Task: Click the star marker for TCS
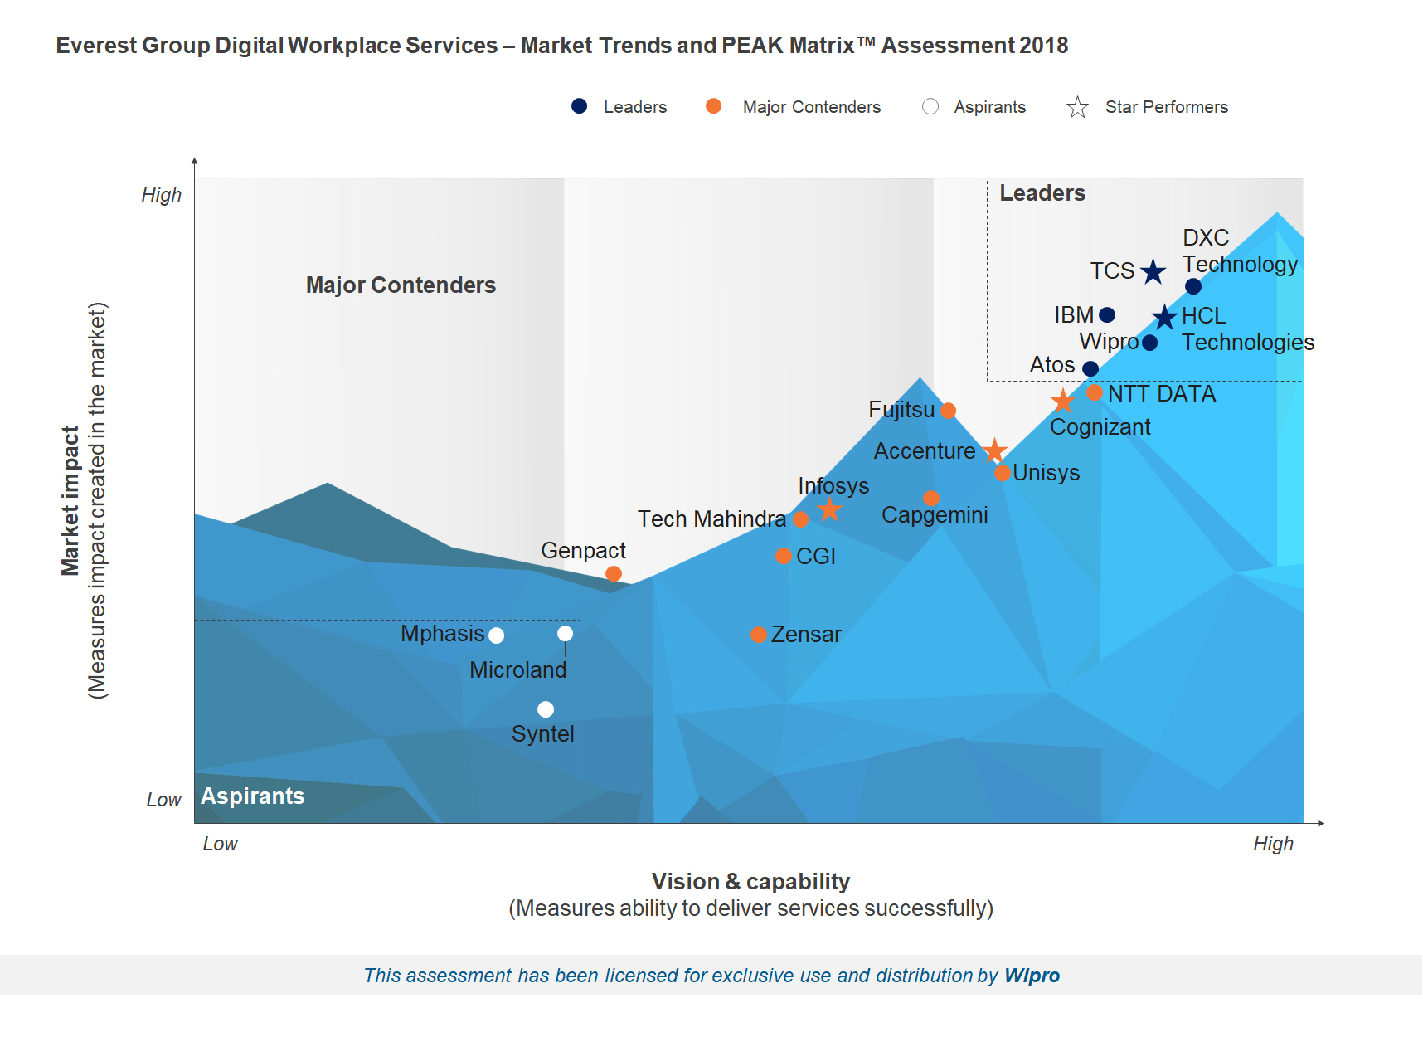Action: [x=1153, y=271]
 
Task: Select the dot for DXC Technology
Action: [x=1193, y=286]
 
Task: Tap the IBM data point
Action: [x=1107, y=315]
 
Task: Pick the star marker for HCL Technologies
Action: [x=1165, y=317]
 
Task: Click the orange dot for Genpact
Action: [x=614, y=573]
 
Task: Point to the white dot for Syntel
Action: [x=546, y=709]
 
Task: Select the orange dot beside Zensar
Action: [x=759, y=635]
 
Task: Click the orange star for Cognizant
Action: [x=1062, y=402]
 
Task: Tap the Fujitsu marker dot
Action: [x=949, y=411]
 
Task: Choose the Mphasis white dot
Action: [x=497, y=635]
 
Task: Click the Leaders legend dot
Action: [x=580, y=106]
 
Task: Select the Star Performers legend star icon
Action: [x=1077, y=107]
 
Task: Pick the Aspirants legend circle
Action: [x=930, y=106]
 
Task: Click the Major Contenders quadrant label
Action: [x=401, y=285]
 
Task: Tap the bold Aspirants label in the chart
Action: [x=253, y=796]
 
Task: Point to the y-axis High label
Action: [x=161, y=195]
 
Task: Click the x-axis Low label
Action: [x=220, y=844]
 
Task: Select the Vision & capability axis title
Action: [x=750, y=881]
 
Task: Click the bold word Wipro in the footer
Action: [x=1032, y=976]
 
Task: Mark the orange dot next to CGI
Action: [x=784, y=556]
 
